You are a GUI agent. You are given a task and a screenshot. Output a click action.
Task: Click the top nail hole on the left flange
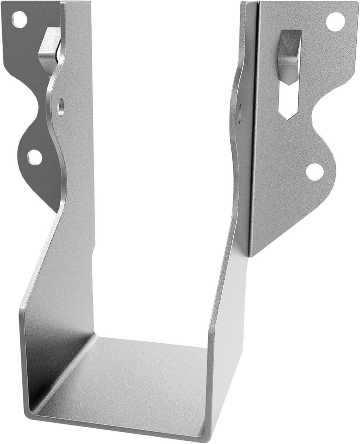click(19, 19)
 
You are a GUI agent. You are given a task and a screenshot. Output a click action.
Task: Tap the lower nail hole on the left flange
click(35, 157)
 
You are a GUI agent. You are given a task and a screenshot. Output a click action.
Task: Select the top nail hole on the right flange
click(335, 21)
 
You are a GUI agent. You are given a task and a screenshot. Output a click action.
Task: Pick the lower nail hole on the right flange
click(315, 172)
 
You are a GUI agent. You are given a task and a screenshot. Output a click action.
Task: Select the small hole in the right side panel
click(240, 111)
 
